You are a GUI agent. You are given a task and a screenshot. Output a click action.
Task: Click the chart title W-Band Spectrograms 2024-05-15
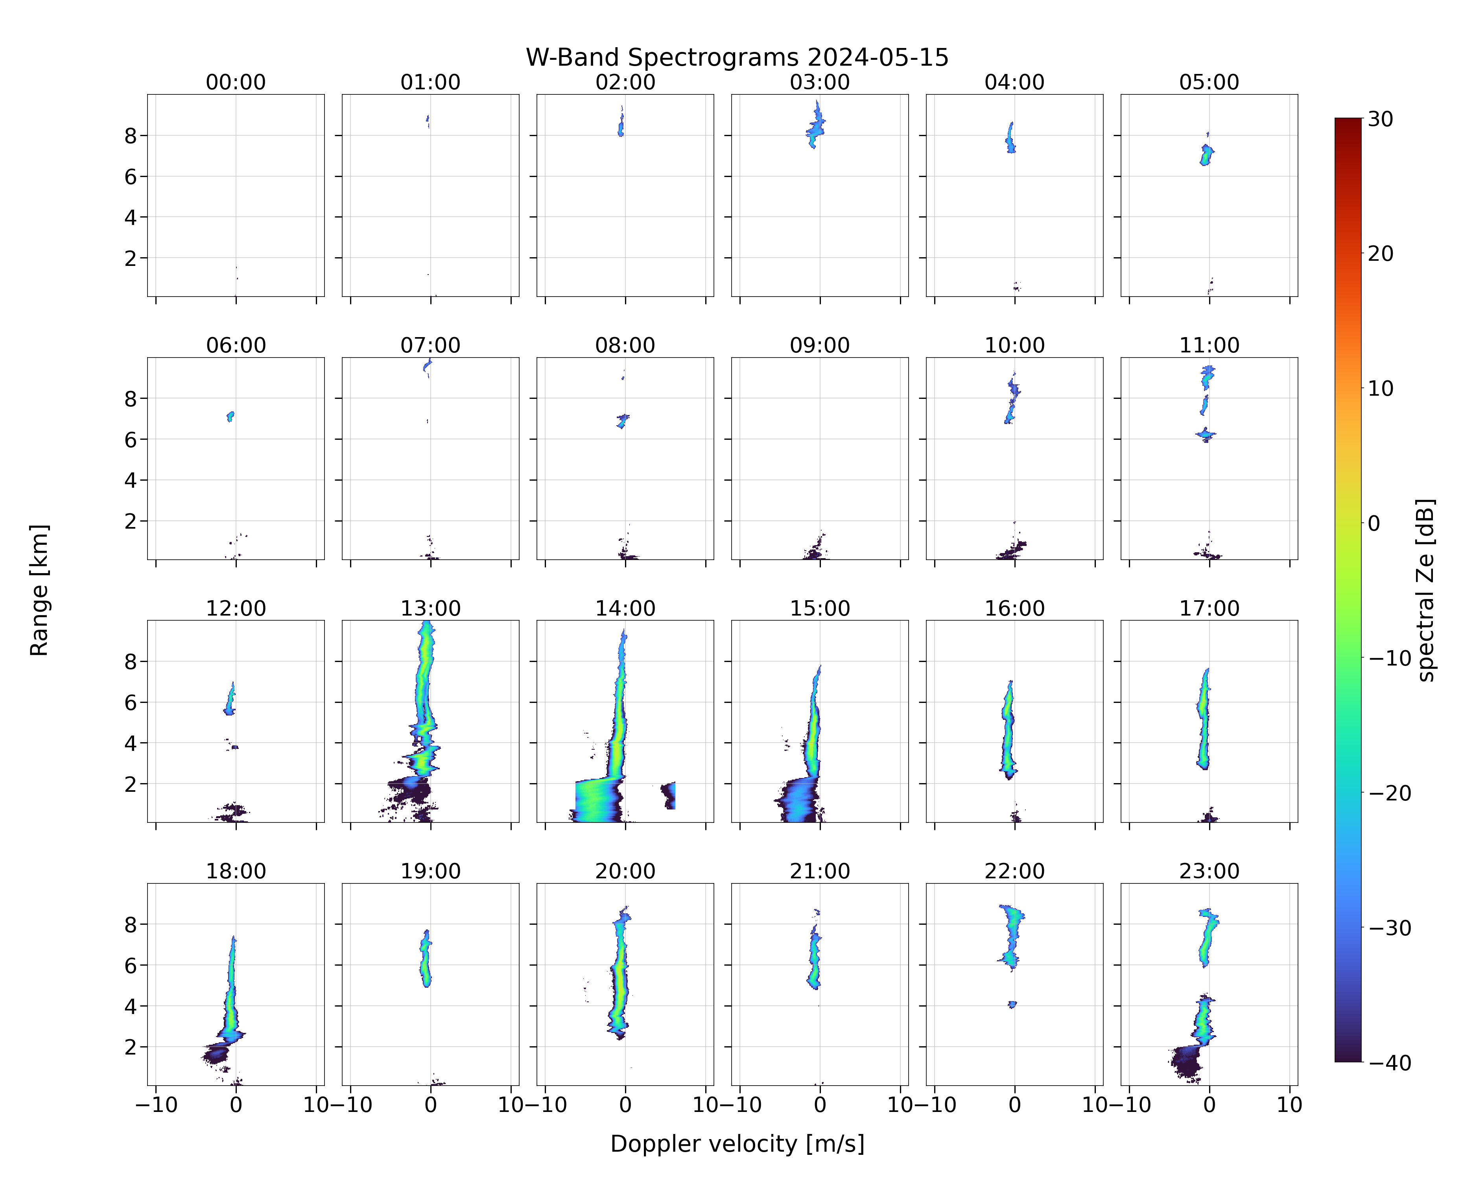[x=737, y=57]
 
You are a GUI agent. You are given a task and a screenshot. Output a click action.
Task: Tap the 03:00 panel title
[x=820, y=82]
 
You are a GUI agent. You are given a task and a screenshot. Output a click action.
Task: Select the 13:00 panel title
[x=430, y=608]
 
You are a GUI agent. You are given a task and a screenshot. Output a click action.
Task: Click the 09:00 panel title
[x=820, y=345]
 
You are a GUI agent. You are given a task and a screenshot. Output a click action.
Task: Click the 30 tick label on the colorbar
[x=1381, y=119]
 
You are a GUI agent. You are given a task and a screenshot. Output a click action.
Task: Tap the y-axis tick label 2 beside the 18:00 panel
[x=131, y=1047]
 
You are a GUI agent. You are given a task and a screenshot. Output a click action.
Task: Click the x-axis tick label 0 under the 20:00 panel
[x=625, y=1105]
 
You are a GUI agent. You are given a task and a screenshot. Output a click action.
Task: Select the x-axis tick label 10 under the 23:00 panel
[x=1290, y=1105]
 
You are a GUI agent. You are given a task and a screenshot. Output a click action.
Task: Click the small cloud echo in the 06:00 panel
[x=230, y=416]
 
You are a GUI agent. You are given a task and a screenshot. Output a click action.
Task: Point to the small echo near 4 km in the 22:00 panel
[x=1012, y=1004]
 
